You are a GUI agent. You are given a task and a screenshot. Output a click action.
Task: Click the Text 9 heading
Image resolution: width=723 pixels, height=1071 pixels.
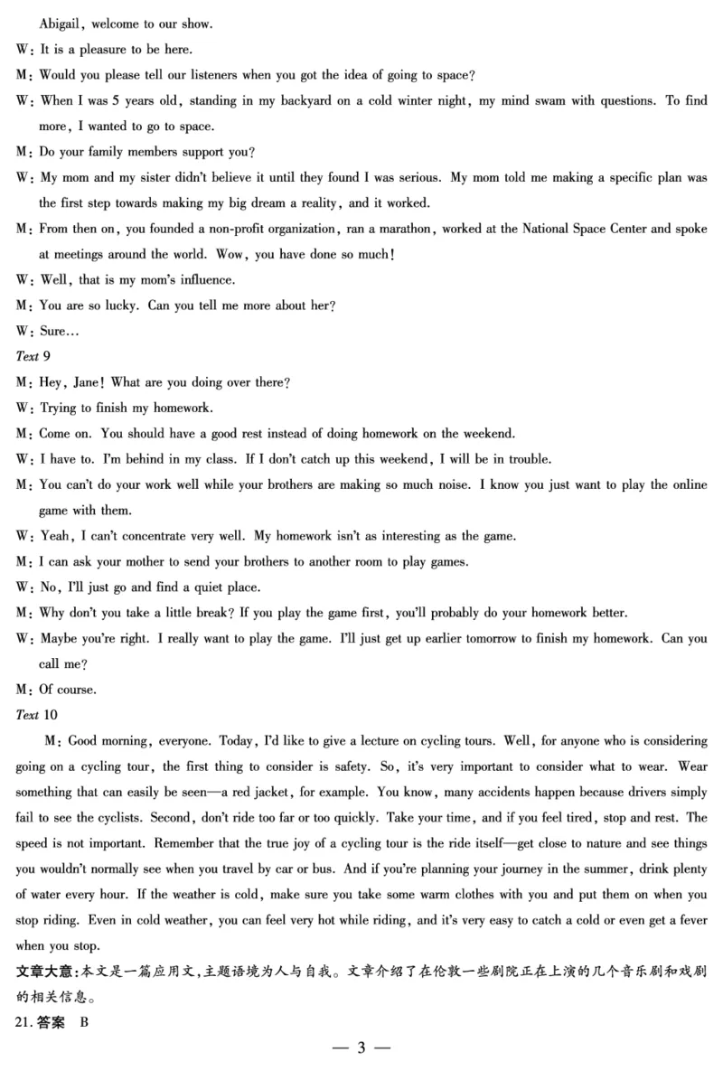tap(33, 356)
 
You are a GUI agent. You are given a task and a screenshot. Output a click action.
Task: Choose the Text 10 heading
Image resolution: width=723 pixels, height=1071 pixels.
tap(36, 715)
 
